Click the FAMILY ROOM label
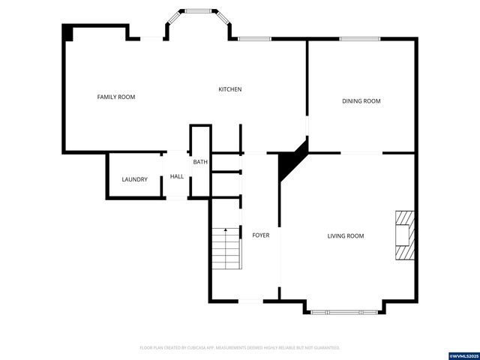pyautogui.click(x=116, y=97)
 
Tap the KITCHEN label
pyautogui.click(x=229, y=89)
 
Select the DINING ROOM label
pyautogui.click(x=361, y=100)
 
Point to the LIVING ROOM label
pyautogui.click(x=345, y=235)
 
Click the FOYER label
pyautogui.click(x=260, y=235)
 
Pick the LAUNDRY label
pyautogui.click(x=135, y=179)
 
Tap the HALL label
pyautogui.click(x=177, y=177)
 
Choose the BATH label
pyautogui.click(x=200, y=162)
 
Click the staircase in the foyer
pyautogui.click(x=225, y=248)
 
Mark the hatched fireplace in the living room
pyautogui.click(x=403, y=235)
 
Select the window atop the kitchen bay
pyautogui.click(x=198, y=11)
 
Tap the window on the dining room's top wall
pyautogui.click(x=361, y=39)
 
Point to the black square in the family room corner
pyautogui.click(x=67, y=32)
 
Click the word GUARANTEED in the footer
pyautogui.click(x=325, y=348)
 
